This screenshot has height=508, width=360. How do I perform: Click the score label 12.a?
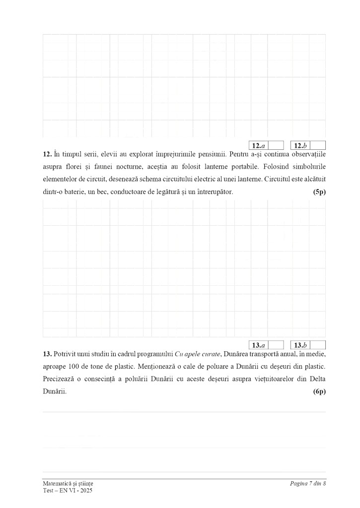coord(258,145)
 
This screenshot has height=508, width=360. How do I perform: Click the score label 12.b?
coord(300,145)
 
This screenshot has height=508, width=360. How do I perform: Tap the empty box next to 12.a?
coord(276,145)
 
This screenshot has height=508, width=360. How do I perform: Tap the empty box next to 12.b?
coord(318,145)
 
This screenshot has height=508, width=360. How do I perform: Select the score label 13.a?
coord(258,345)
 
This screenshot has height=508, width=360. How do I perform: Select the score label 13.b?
coord(300,345)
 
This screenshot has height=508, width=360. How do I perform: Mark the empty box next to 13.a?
coord(276,345)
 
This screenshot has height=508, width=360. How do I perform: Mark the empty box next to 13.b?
coord(318,345)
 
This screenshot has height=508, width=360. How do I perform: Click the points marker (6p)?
coord(319,391)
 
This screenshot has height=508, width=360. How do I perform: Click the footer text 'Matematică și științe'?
coord(68,483)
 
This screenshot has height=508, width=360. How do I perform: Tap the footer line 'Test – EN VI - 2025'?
coord(68,490)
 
